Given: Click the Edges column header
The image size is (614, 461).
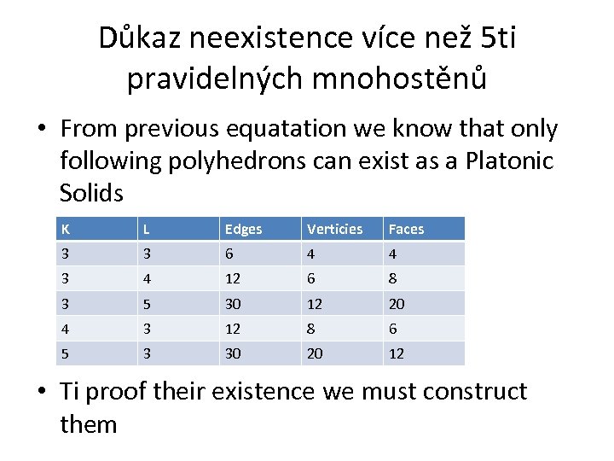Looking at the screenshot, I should pos(243,229).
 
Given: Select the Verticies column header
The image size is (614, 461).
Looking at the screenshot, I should pos(334,229).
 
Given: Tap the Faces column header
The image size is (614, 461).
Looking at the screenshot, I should pos(406,229).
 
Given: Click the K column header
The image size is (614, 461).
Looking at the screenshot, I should pos(65,229).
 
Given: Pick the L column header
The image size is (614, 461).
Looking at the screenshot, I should pos(148,229).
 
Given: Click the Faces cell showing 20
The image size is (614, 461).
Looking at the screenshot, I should pos(397,304).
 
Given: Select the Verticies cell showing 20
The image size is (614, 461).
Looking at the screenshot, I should pos(315,353).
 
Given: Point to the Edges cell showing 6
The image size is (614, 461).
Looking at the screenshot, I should pos(229,254).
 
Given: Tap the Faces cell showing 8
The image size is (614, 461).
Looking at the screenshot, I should pos(393,279).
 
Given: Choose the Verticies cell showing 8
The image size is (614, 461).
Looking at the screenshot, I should pos(311,329).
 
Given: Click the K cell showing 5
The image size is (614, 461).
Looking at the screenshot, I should pos(64,353).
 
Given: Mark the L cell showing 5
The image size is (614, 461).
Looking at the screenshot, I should pos(147,304).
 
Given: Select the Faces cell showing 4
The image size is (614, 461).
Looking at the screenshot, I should pos(393,254).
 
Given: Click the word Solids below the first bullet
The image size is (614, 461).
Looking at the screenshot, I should pos(91,192).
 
